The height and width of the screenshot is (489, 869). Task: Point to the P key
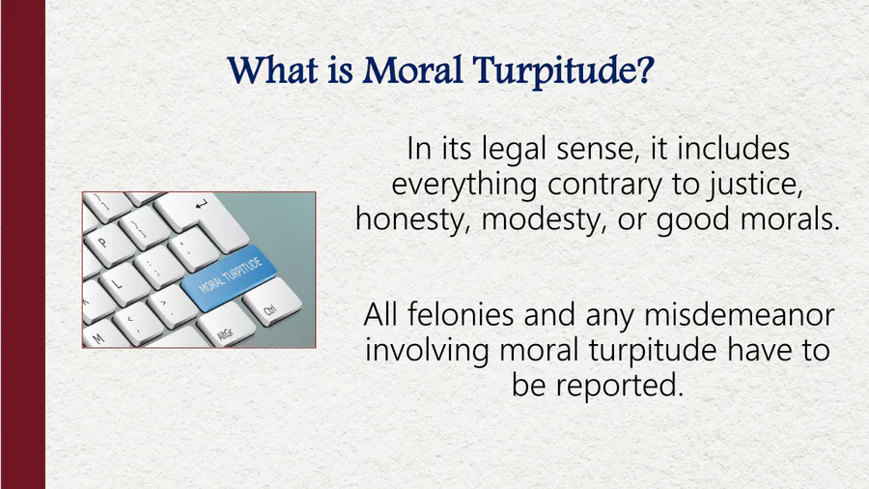click(x=107, y=244)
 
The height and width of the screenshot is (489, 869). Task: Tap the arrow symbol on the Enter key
click(x=201, y=205)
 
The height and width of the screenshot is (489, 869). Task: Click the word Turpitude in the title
click(x=563, y=72)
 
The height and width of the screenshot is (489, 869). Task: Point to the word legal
click(x=514, y=150)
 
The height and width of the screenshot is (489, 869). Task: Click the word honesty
click(x=413, y=220)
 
